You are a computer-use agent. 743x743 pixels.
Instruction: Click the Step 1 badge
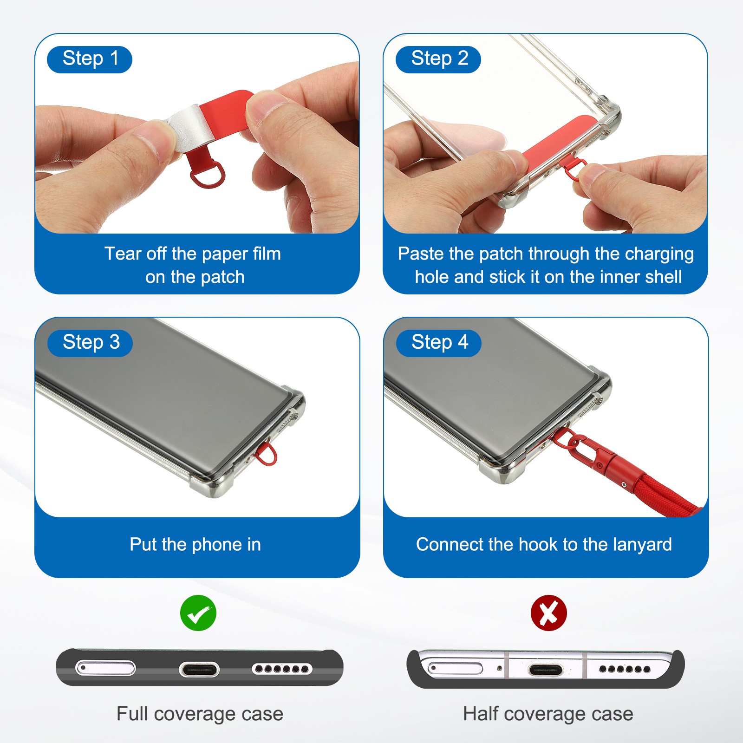pos(90,59)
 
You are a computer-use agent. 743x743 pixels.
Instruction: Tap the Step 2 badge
pos(438,59)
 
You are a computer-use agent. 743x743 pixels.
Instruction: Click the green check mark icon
pos(198,613)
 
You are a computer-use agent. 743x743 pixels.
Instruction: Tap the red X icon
pos(549,613)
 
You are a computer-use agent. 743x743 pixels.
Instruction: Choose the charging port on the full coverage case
pos(199,669)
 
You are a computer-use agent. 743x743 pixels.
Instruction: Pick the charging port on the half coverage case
pos(546,670)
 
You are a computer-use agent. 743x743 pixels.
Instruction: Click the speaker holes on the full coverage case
pos(282,669)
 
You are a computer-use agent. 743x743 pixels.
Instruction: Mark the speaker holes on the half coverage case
pos(625,669)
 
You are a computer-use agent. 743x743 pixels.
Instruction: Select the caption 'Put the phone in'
pos(195,545)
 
